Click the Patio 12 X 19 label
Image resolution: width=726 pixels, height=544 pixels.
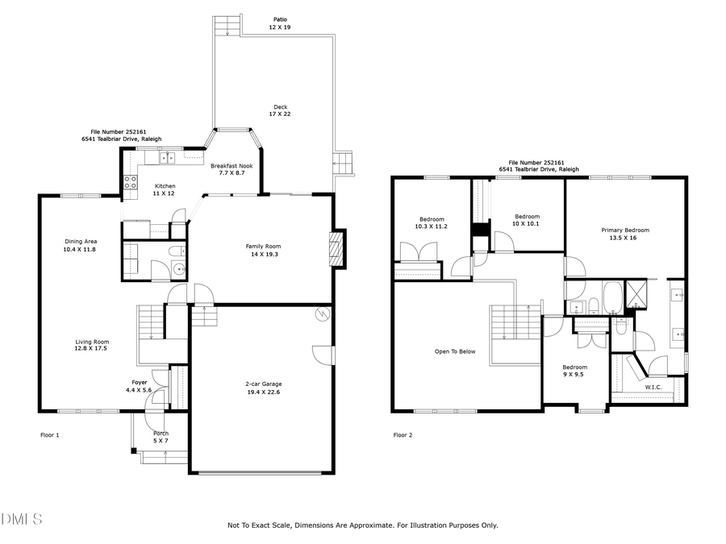pos(278,23)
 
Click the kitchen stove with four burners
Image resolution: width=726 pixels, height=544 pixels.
pos(130,183)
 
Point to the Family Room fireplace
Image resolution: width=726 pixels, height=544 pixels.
pos(336,249)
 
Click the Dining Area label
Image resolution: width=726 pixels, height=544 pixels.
pos(81,245)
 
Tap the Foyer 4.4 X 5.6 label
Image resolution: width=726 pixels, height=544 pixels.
pos(139,385)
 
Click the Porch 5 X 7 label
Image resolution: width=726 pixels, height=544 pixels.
pos(161,437)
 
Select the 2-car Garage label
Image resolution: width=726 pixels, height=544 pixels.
pos(264,388)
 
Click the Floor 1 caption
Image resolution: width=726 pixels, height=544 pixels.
pos(50,435)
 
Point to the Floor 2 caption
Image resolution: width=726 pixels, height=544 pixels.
pos(403,435)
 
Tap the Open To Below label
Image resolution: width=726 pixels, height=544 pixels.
pos(455,351)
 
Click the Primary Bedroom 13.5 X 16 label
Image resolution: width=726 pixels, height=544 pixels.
pos(624,234)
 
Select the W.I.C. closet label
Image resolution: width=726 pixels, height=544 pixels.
pos(653,387)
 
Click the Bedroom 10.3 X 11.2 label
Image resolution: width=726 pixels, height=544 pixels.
pos(432,222)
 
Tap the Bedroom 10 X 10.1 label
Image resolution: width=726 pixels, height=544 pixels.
pos(527,220)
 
